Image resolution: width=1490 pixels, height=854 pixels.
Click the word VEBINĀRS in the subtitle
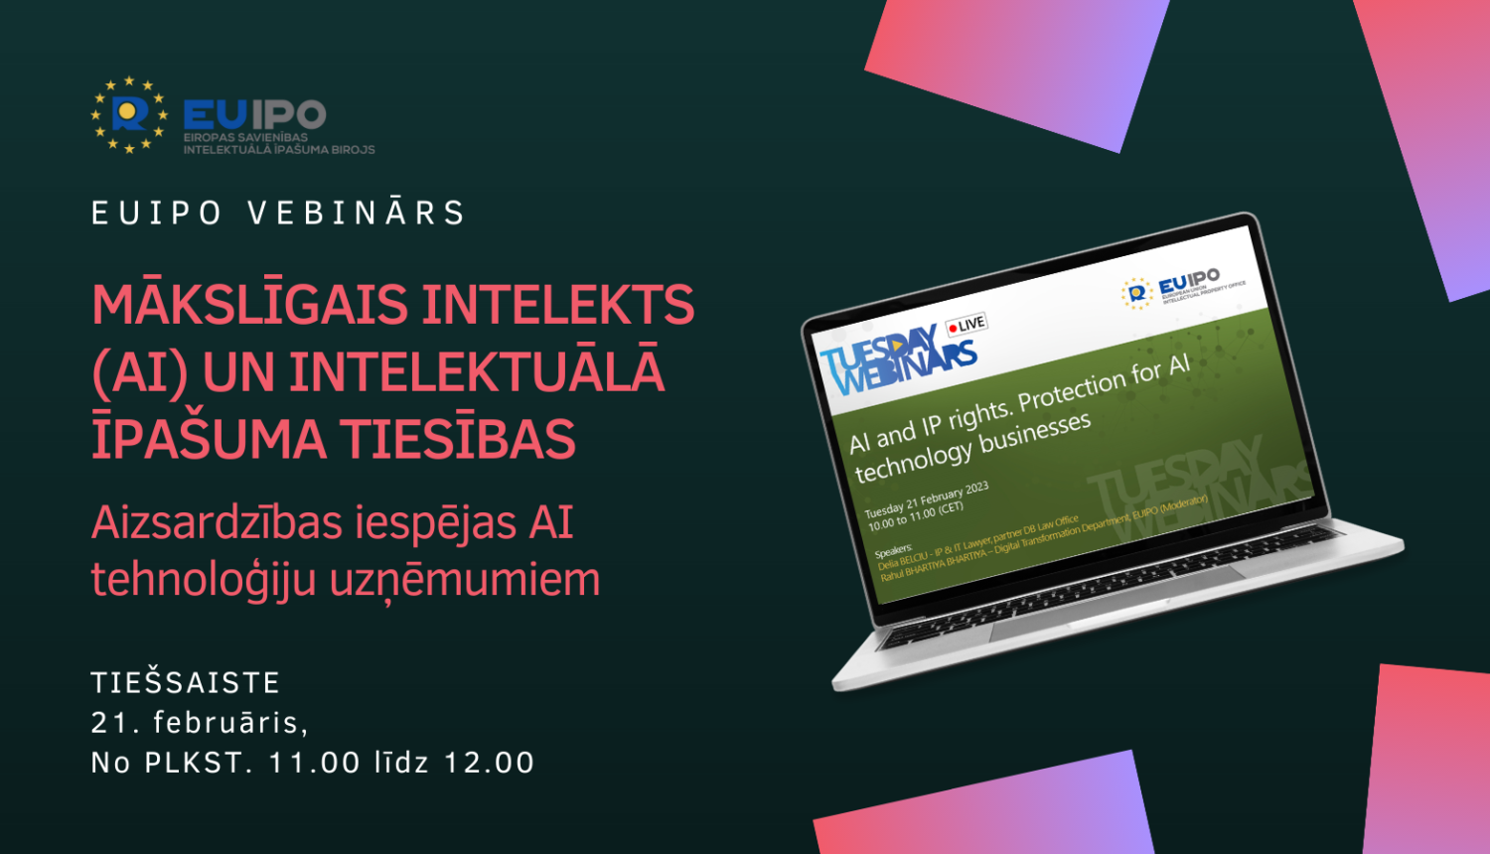coord(357,213)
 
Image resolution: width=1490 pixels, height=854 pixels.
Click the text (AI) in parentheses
coord(139,372)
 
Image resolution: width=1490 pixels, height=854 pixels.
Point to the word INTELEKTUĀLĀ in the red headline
coord(477,372)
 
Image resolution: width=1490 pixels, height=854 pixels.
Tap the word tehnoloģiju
coord(204,580)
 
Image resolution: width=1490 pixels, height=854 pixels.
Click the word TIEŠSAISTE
coord(186,683)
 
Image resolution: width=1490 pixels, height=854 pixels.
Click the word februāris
coord(229,723)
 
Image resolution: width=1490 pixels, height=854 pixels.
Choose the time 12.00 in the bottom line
coord(489,763)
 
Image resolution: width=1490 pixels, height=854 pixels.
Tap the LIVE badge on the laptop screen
coord(966,325)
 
